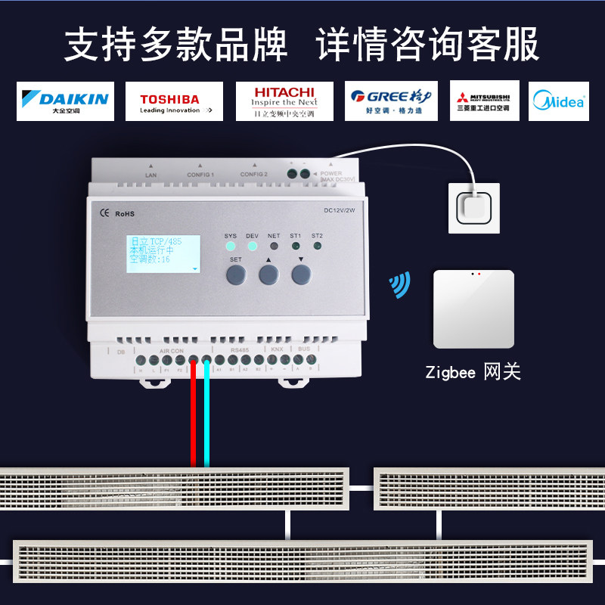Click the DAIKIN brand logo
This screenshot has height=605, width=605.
tap(65, 101)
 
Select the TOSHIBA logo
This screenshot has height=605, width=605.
tap(170, 101)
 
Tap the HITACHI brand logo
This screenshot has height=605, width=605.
tap(284, 101)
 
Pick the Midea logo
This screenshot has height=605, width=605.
tap(559, 101)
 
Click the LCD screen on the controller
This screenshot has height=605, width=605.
tap(163, 253)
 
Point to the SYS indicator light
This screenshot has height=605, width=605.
tap(231, 246)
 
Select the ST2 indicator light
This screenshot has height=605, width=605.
tap(317, 246)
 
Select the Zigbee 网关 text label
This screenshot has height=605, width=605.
tap(473, 372)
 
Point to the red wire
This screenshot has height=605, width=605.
tap(194, 416)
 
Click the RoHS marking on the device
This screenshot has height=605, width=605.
tap(124, 214)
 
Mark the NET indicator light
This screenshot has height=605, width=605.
tap(275, 246)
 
